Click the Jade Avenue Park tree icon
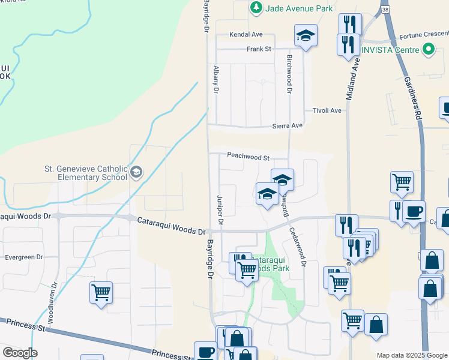pos(256,7)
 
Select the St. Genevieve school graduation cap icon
pos(136,173)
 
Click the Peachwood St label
pos(249,157)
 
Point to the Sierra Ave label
pos(289,125)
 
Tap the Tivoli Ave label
pos(327,110)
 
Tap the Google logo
pos(20,353)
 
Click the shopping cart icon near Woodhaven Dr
pos(101,293)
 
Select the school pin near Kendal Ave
pos(306,35)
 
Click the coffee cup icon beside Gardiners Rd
pos(414,211)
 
